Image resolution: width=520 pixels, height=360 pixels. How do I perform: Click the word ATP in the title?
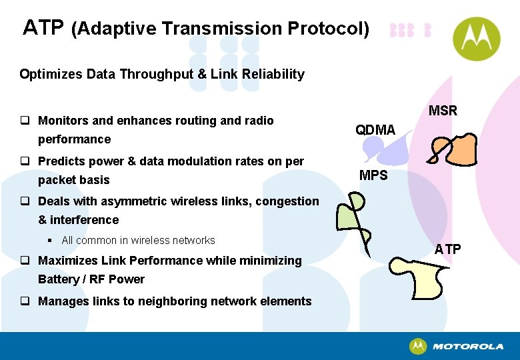pos(43,28)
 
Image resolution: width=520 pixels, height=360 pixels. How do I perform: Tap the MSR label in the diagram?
pos(443,111)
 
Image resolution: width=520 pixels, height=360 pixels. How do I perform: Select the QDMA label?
pos(375,129)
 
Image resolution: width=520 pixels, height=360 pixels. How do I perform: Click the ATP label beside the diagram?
pos(447,249)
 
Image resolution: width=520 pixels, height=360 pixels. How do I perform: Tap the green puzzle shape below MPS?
pos(350,213)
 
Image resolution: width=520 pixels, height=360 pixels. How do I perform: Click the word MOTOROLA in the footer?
pos(468,347)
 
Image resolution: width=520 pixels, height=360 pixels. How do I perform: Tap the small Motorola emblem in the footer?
pos(418,346)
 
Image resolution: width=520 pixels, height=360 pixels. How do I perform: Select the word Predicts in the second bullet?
pos(61,161)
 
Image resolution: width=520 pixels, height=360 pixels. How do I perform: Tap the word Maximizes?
pos(67,260)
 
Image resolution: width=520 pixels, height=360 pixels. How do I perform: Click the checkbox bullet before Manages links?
pos(24,301)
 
